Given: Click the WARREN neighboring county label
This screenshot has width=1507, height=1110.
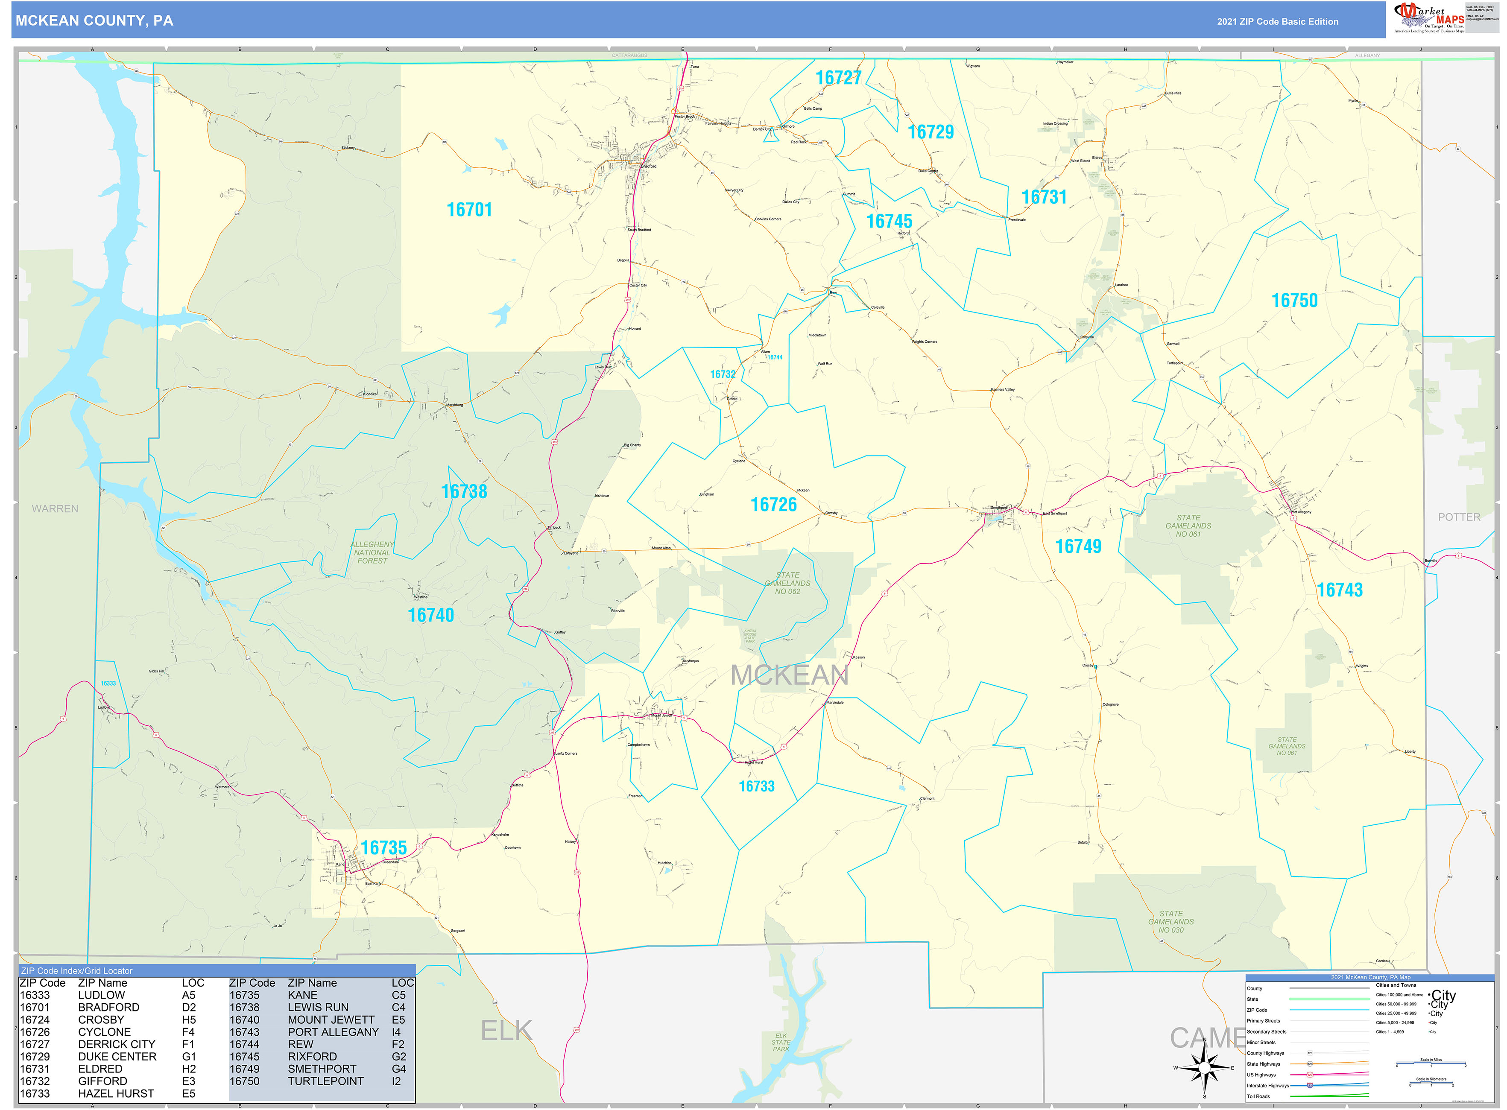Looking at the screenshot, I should [55, 508].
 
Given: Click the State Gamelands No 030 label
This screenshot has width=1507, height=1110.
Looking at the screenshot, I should [1171, 922].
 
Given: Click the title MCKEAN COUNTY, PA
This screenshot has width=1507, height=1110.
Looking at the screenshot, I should [94, 21].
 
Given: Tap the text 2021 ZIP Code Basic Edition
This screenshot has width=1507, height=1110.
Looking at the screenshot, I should [1277, 21].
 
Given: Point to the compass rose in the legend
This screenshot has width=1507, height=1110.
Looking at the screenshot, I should [1205, 1068].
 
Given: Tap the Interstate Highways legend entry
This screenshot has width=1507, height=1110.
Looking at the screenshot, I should [1268, 1085].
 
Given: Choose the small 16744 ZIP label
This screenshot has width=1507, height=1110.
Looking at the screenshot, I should [774, 357].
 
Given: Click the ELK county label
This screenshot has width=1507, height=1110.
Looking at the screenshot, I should [506, 1031].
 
